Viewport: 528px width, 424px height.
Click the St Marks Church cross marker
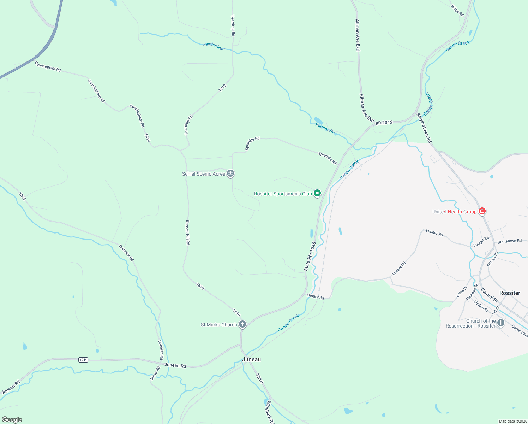click(242, 324)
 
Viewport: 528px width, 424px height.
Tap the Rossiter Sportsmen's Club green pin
click(317, 193)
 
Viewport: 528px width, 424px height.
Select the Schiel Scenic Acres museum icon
click(230, 173)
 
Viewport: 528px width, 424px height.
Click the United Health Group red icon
click(482, 211)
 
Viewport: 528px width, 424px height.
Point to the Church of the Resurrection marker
click(500, 323)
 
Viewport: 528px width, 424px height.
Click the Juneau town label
click(252, 359)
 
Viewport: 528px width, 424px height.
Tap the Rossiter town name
click(510, 293)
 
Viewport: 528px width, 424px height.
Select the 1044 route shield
click(83, 360)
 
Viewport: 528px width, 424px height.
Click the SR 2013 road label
click(384, 123)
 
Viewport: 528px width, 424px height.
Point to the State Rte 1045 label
click(310, 256)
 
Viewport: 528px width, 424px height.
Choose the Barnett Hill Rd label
click(188, 233)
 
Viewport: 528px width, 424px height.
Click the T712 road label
click(222, 88)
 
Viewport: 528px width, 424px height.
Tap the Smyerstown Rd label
click(424, 128)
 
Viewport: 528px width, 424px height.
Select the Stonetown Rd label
click(509, 241)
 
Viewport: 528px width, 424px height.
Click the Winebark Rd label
click(270, 412)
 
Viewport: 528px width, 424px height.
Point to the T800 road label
click(22, 196)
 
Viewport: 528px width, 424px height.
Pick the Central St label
click(490, 295)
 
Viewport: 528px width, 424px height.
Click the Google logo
click(12, 420)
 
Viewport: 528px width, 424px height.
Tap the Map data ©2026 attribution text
click(512, 421)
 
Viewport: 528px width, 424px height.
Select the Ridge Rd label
click(457, 11)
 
